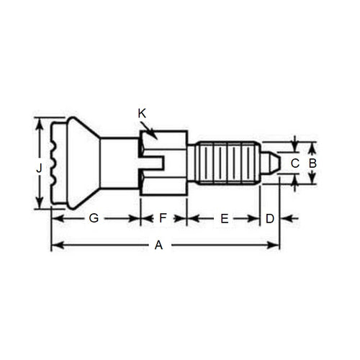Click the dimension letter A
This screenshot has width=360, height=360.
pos(159,245)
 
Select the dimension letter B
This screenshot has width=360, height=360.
pos(312,163)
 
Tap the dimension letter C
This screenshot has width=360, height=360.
pos(294,163)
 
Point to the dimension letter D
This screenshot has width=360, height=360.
pos(269,218)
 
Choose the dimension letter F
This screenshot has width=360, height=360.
pos(163,218)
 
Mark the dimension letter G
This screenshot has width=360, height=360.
pos(94,218)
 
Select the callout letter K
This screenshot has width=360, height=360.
pos(141,113)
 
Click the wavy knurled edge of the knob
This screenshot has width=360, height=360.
pos(55,163)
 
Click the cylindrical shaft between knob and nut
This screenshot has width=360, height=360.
pos(118,163)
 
